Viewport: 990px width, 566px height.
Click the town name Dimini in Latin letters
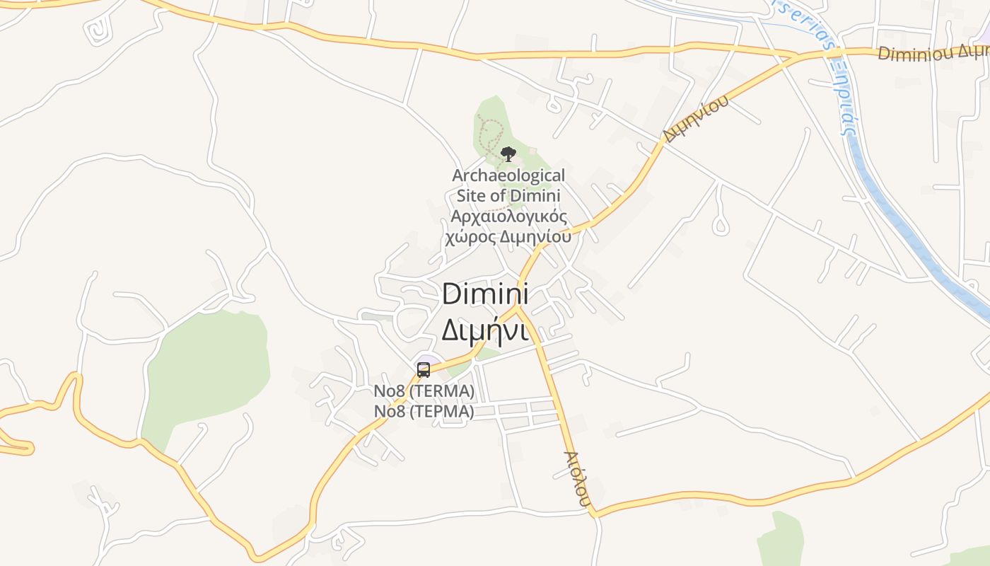tap(485, 294)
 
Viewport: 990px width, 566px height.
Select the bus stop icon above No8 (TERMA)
tap(424, 369)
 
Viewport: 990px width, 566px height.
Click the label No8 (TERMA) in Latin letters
tap(424, 391)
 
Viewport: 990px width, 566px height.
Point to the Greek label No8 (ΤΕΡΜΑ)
tap(424, 411)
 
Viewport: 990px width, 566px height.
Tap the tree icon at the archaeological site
tap(508, 154)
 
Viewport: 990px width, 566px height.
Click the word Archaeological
tap(508, 175)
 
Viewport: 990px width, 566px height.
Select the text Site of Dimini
tap(508, 196)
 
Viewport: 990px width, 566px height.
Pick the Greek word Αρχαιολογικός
tap(508, 216)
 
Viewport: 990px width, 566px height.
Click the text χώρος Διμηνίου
tap(508, 236)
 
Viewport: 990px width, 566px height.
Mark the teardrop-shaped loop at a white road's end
tap(720, 226)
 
